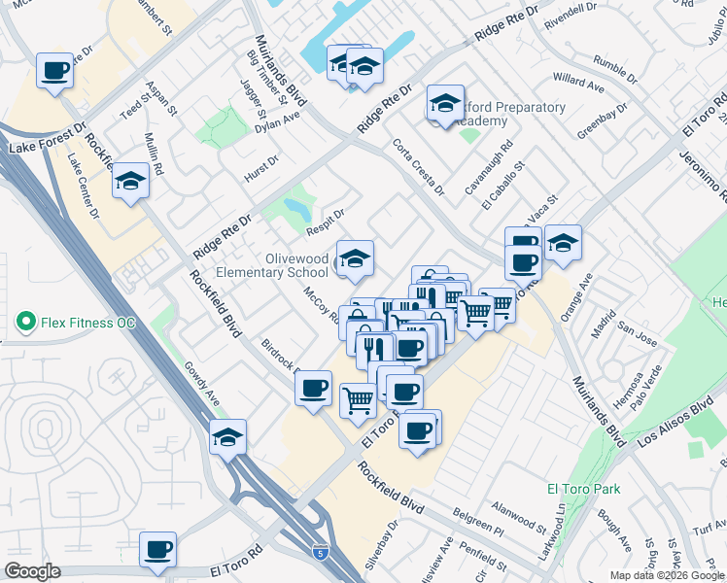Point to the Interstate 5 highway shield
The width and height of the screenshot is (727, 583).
pyautogui.click(x=321, y=554)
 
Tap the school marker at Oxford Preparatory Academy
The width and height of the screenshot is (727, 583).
pyautogui.click(x=445, y=105)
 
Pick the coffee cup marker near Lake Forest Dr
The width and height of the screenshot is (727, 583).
pyautogui.click(x=55, y=71)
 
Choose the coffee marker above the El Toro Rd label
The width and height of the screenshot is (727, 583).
pyautogui.click(x=157, y=550)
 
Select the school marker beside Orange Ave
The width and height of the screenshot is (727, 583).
pyautogui.click(x=563, y=243)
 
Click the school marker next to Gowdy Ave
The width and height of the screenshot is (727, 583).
pyautogui.click(x=227, y=437)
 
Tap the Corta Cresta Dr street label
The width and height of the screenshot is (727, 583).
pyautogui.click(x=419, y=165)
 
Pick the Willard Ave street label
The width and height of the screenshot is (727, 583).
pyautogui.click(x=578, y=82)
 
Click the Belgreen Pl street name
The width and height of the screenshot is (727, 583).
pyautogui.click(x=479, y=526)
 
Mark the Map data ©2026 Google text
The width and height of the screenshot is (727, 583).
pyautogui.click(x=668, y=574)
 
